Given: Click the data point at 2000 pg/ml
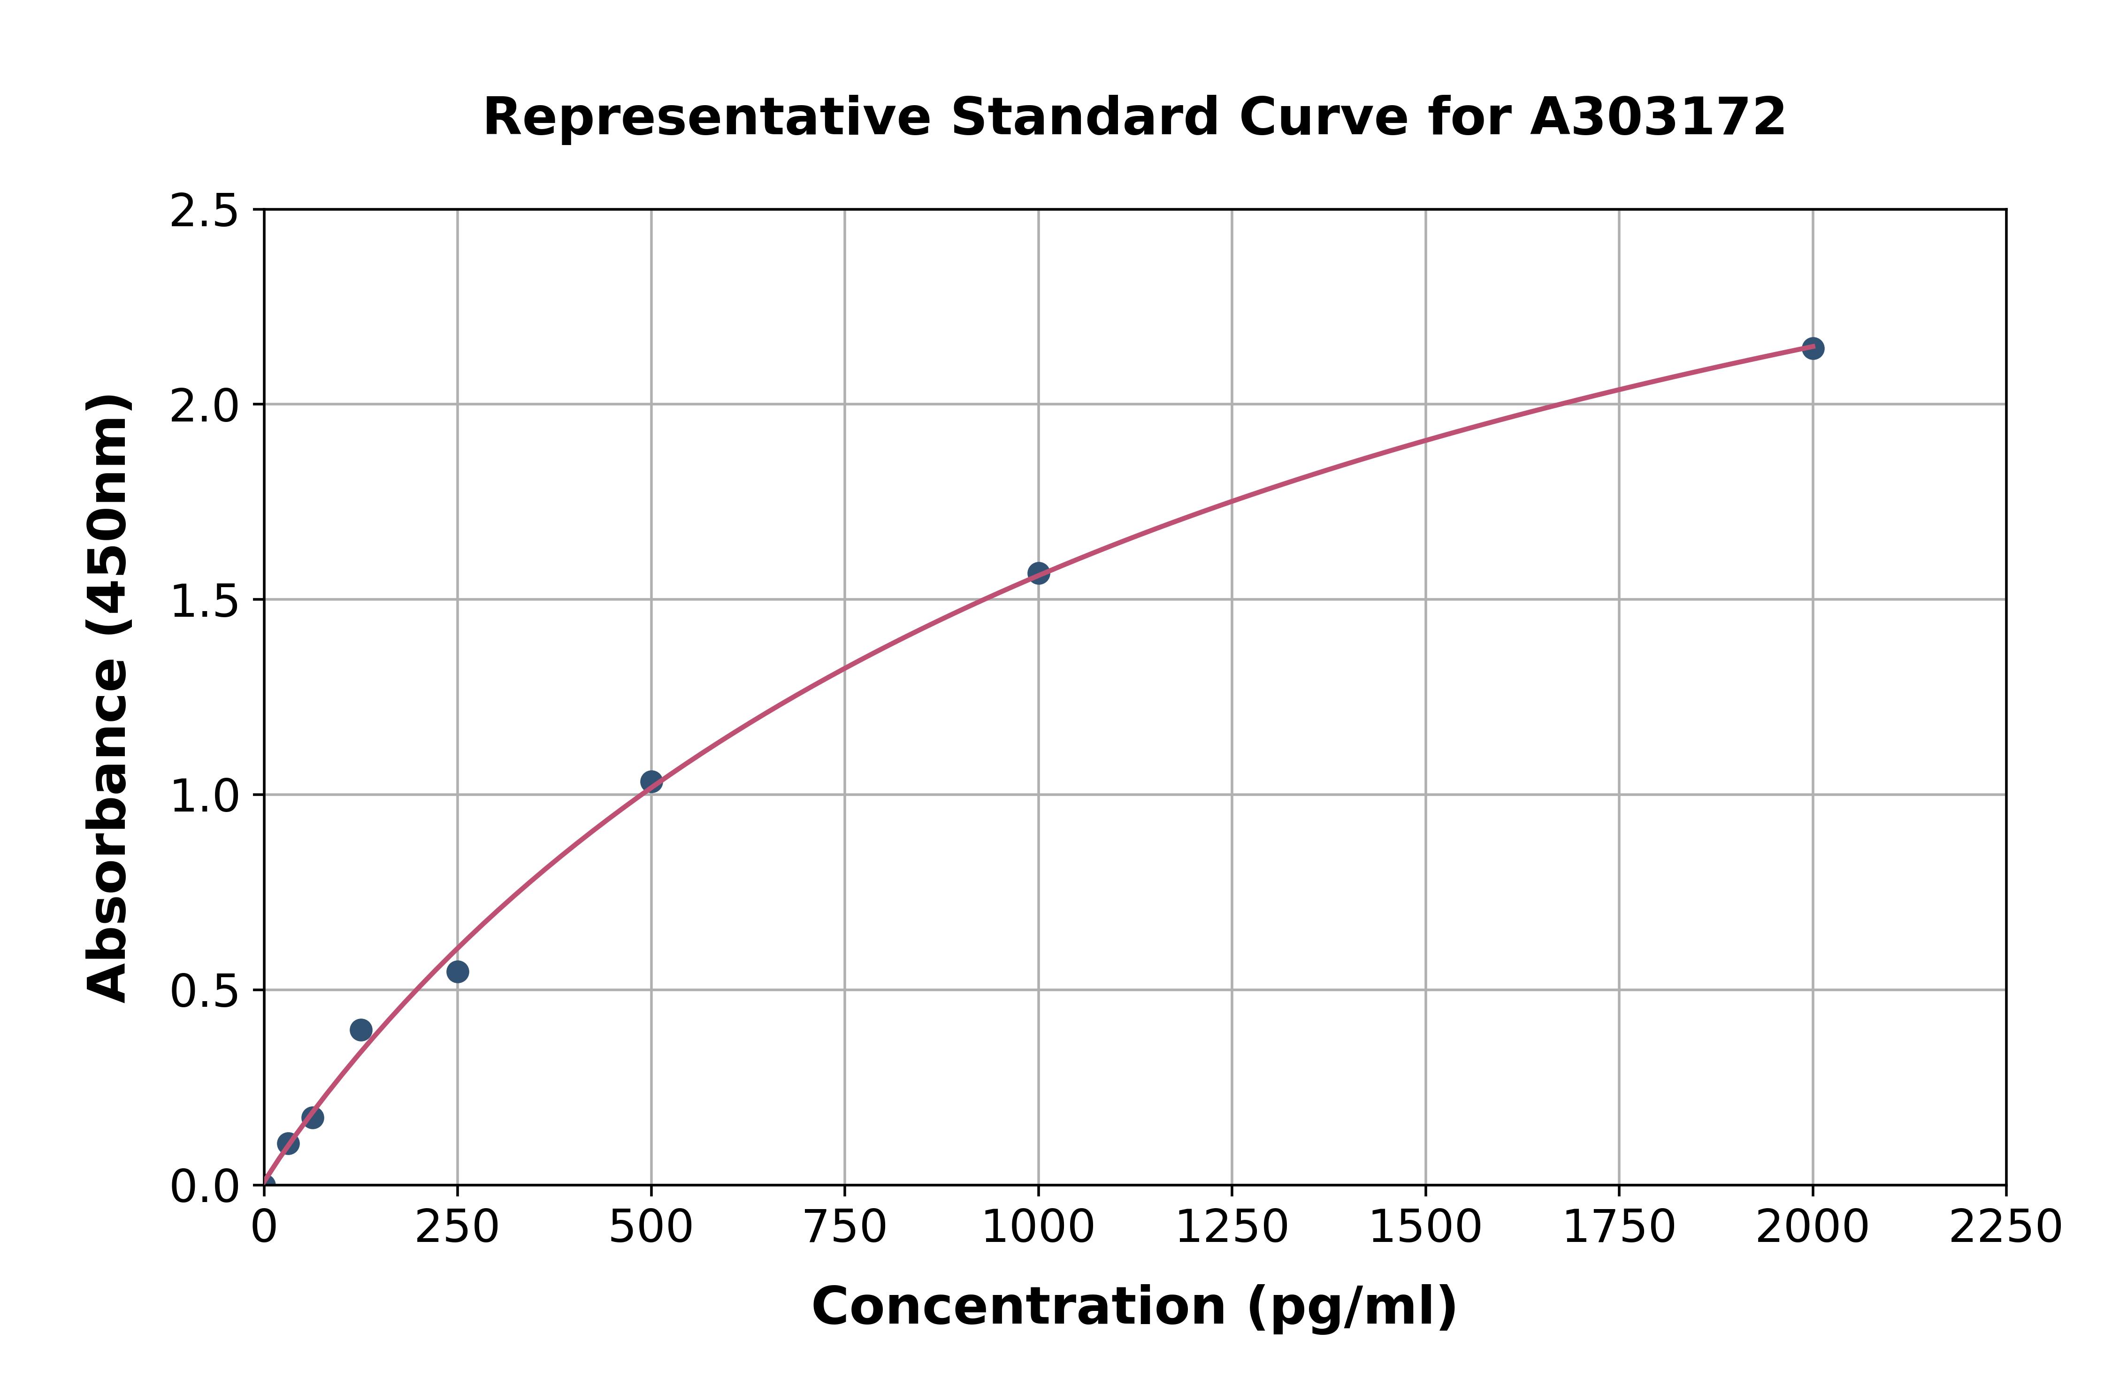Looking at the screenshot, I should [1813, 348].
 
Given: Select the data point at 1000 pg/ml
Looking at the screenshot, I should [1038, 574].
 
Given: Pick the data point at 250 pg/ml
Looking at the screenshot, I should [458, 972].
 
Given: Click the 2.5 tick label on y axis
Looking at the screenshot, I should [205, 212].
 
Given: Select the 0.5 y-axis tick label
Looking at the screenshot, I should [205, 991].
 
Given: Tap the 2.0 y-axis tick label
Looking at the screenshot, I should [205, 406].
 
